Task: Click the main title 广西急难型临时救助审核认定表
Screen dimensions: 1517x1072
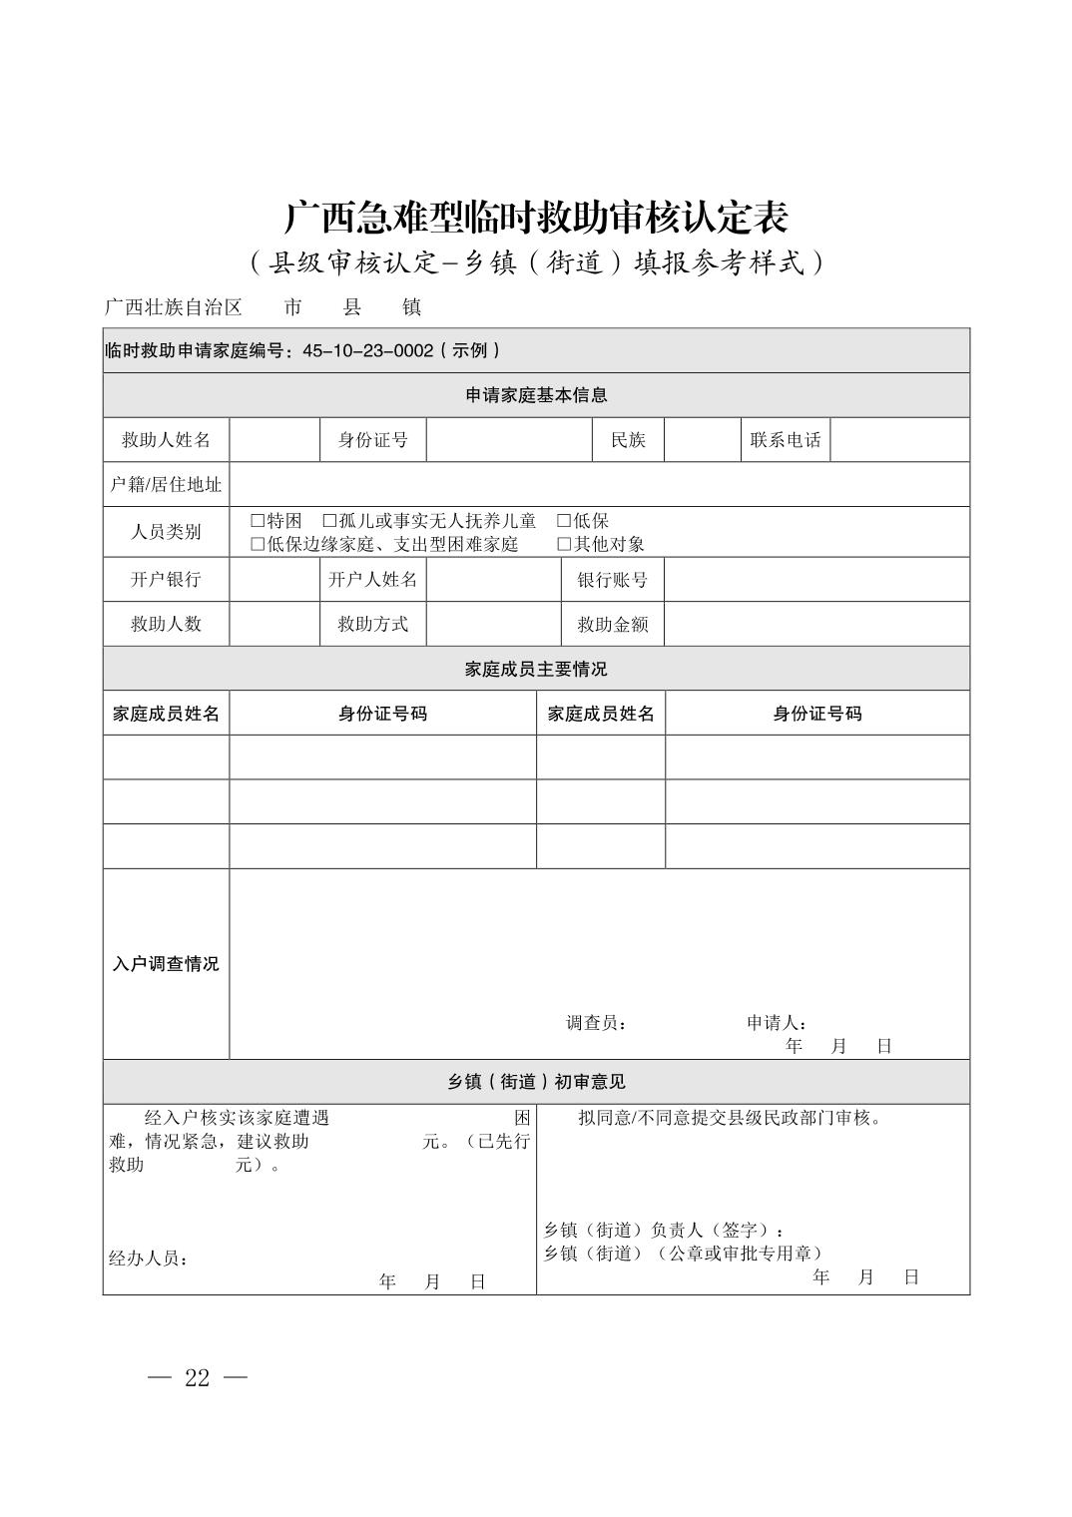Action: click(x=536, y=218)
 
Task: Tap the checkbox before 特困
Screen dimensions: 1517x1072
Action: click(x=258, y=521)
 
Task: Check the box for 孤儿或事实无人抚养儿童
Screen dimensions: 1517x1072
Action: click(x=329, y=521)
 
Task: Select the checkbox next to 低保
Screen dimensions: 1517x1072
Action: click(x=564, y=521)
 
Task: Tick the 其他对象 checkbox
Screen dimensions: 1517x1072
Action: click(x=564, y=544)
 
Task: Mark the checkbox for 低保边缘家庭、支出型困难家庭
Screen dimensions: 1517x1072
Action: click(x=258, y=544)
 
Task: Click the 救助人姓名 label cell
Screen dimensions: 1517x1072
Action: click(x=166, y=440)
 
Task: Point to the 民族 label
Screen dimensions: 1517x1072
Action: click(x=628, y=440)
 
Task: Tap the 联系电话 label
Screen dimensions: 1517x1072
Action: click(x=786, y=440)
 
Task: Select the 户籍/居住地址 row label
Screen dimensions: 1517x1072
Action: click(x=166, y=484)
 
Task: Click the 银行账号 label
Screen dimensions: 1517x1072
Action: click(x=612, y=580)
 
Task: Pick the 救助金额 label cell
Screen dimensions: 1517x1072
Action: click(x=612, y=624)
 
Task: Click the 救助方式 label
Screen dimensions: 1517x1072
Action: click(x=372, y=624)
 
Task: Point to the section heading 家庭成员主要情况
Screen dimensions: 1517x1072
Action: click(x=536, y=669)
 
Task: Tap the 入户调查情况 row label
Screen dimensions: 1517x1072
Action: click(x=166, y=964)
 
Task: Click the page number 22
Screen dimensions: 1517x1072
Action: click(x=198, y=1378)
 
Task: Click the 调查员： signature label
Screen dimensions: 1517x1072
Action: click(x=596, y=1023)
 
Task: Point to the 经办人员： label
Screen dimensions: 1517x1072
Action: click(x=149, y=1259)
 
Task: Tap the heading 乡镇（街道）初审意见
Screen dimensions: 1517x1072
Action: click(x=536, y=1082)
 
